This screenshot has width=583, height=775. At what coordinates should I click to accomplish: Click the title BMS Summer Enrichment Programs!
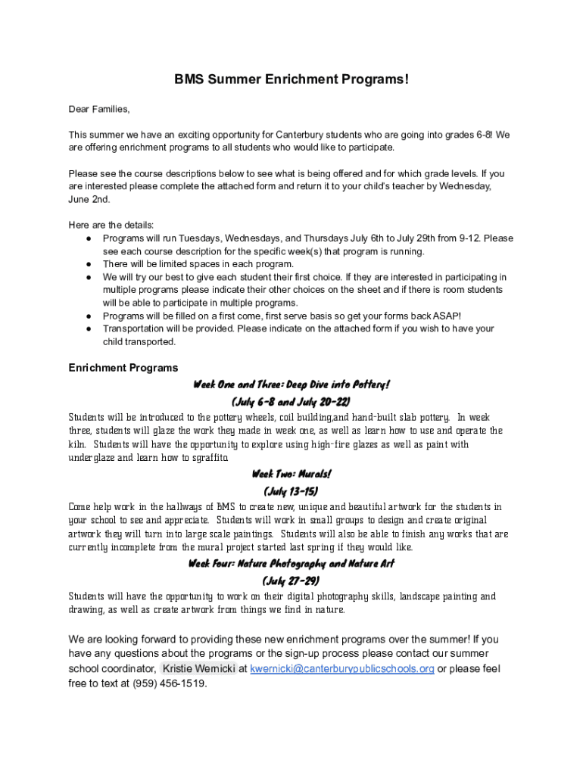click(291, 79)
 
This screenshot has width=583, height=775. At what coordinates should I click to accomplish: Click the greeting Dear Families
click(99, 109)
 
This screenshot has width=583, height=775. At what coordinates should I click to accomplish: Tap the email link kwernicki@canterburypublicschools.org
click(342, 668)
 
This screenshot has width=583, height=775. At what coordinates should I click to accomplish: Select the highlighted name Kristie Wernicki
click(199, 668)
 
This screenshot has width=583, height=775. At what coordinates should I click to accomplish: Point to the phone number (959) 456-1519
click(169, 683)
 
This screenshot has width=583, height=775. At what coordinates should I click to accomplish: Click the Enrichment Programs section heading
click(123, 368)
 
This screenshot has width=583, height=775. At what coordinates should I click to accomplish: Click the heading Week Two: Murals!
click(291, 475)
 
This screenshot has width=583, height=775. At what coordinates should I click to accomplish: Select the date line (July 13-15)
click(291, 491)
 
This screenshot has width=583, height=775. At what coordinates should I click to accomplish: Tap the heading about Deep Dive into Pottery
click(291, 384)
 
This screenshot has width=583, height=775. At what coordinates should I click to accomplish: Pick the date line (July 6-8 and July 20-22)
click(291, 401)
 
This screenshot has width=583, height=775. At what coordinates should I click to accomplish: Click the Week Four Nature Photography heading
click(291, 564)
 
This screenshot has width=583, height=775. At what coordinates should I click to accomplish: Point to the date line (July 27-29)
click(291, 580)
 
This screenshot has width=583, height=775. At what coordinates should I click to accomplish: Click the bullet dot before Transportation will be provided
click(89, 328)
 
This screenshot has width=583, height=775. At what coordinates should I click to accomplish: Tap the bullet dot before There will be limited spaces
click(89, 264)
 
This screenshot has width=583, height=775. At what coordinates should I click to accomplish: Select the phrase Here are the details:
click(111, 225)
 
